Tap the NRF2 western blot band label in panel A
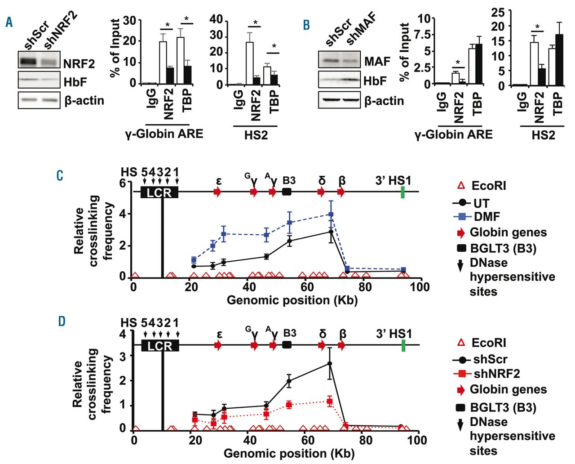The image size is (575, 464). coord(79,64)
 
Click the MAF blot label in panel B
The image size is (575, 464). coord(377,61)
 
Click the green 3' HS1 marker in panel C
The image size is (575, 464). coord(403,192)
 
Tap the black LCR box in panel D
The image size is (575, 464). coord(160,346)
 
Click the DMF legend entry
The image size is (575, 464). coord(487,217)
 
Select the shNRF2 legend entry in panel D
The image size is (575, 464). coord(496,374)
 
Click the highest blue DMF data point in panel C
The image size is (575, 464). coord(331,214)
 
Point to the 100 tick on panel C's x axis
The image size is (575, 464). coord(420,287)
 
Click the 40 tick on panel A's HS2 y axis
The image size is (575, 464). coord(217,19)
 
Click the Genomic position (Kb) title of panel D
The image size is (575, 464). coord(289,453)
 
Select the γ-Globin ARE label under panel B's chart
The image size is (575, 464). coord(453,134)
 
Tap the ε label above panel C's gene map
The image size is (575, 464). coord(219,181)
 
